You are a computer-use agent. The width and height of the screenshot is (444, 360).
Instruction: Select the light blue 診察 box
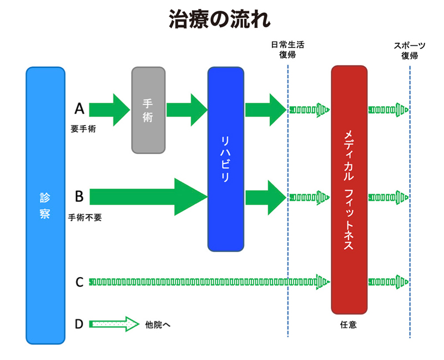coord(46,206)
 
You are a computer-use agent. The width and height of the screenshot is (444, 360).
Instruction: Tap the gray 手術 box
coord(148,110)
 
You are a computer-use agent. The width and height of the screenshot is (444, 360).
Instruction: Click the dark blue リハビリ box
coord(226,159)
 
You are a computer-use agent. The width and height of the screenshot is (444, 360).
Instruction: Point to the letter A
coord(79,108)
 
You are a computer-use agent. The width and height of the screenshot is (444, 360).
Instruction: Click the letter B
coord(79,196)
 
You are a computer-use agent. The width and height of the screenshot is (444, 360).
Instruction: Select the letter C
coord(79,282)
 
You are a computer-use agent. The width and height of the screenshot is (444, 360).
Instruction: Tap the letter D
coord(79,323)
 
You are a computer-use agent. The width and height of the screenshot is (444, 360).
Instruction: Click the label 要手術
coord(83,129)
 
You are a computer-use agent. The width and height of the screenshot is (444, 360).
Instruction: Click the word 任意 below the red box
coord(349,324)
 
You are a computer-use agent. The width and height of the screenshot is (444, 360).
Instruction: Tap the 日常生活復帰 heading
coord(287,50)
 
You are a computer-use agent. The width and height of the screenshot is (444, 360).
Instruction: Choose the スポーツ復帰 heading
coord(410,50)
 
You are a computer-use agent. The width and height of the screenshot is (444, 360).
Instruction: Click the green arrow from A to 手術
coord(109,109)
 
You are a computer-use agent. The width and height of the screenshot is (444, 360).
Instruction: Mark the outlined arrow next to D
coord(114,324)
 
